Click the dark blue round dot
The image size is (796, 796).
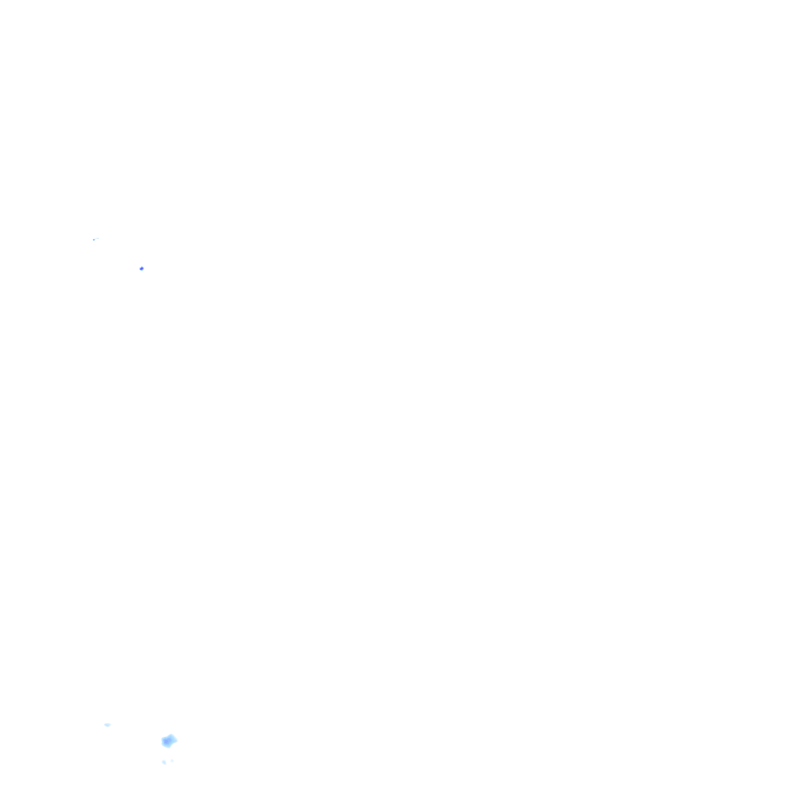[141, 268]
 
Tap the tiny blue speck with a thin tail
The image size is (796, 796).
[94, 239]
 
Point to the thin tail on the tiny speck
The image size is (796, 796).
[97, 239]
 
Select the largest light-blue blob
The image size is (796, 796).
[169, 740]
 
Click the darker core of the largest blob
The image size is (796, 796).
[166, 742]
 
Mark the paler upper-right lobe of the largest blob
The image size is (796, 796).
[173, 737]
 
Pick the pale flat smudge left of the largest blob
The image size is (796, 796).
[107, 724]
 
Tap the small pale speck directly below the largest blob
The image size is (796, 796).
[164, 762]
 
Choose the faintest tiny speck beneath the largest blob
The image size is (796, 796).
[172, 760]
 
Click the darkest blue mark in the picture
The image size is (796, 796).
[141, 268]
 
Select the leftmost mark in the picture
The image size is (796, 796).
[94, 239]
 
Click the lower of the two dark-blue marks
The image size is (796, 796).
[141, 268]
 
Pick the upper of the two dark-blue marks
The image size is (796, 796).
[94, 239]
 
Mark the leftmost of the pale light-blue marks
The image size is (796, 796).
[107, 724]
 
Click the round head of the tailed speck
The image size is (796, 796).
[94, 239]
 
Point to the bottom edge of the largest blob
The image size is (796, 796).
[167, 747]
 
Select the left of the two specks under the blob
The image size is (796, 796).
[164, 762]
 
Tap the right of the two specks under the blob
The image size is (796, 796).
[172, 760]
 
